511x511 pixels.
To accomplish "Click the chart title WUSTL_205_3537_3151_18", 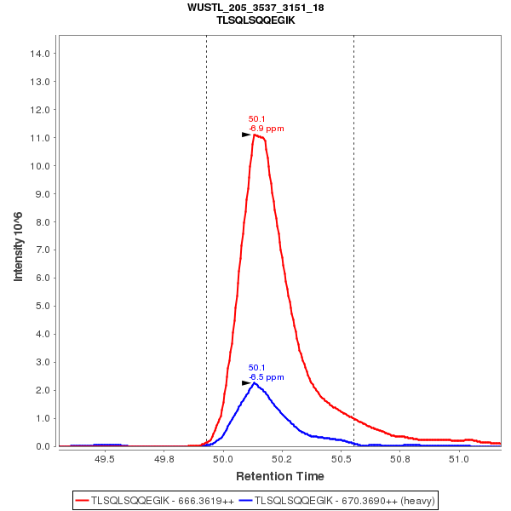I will coord(255,7).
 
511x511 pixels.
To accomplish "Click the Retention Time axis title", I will coord(279,475).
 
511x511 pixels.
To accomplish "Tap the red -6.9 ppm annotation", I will coord(267,129).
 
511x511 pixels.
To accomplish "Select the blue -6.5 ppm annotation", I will coord(267,376).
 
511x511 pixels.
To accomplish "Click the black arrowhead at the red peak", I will coord(246,135).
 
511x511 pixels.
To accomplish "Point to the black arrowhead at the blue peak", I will coord(246,383).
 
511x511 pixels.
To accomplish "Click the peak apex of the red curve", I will coord(255,135).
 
